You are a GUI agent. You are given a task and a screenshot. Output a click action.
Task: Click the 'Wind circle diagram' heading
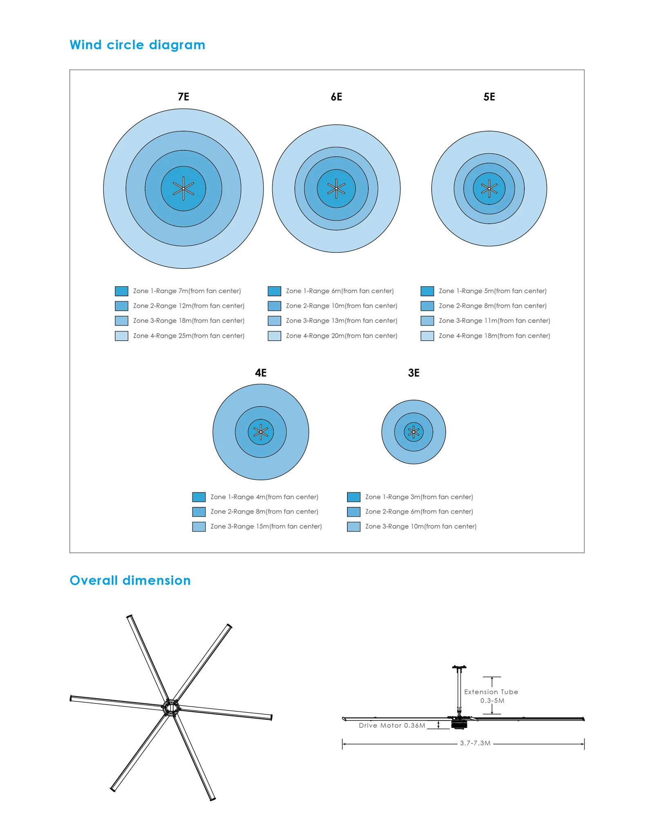click(137, 45)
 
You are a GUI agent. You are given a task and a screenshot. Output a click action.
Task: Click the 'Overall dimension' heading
click(130, 580)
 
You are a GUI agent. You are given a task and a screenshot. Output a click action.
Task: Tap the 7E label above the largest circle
click(184, 97)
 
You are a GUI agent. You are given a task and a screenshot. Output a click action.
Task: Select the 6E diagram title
click(336, 97)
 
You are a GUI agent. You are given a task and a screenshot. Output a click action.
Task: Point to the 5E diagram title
click(489, 97)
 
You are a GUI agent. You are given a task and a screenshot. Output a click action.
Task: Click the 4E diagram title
click(261, 373)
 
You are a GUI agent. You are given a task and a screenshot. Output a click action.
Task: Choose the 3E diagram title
click(414, 373)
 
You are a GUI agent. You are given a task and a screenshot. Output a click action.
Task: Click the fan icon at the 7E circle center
click(184, 189)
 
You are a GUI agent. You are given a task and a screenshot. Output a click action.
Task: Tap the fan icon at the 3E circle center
click(414, 432)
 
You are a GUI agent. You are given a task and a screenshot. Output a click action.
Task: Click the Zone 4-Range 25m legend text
click(188, 336)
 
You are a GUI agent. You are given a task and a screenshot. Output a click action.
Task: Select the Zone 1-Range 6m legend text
click(340, 291)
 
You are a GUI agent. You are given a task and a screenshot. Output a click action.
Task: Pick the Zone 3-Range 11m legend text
click(494, 321)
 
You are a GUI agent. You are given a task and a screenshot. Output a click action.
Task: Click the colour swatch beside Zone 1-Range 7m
click(121, 291)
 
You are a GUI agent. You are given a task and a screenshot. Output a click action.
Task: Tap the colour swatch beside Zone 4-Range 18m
click(427, 336)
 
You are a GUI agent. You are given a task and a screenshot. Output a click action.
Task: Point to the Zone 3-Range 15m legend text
click(266, 527)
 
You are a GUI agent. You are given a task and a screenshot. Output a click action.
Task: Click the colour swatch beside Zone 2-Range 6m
click(354, 512)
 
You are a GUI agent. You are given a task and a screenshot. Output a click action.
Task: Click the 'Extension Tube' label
click(491, 692)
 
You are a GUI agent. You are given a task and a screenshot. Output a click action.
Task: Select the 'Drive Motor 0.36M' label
click(392, 726)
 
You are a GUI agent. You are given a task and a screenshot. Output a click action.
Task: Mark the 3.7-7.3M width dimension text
click(475, 743)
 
